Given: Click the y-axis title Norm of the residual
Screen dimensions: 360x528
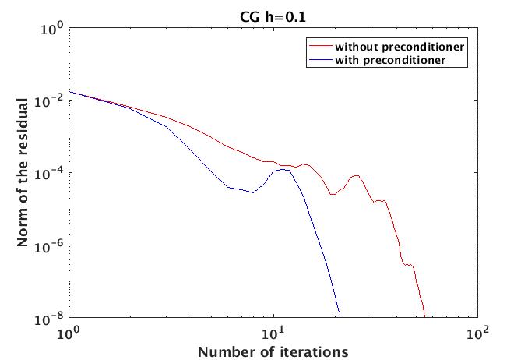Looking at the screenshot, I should pos(24,172).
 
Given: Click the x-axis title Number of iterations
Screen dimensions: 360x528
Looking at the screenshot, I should pos(273,351).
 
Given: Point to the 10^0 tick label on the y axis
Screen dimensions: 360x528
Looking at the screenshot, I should pos(52,29).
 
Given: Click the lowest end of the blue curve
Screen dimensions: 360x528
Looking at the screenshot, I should pos(339,311).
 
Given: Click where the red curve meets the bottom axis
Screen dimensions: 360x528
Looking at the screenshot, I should pos(425,317).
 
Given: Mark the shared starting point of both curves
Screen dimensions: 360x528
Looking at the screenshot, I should pos(69,92).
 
